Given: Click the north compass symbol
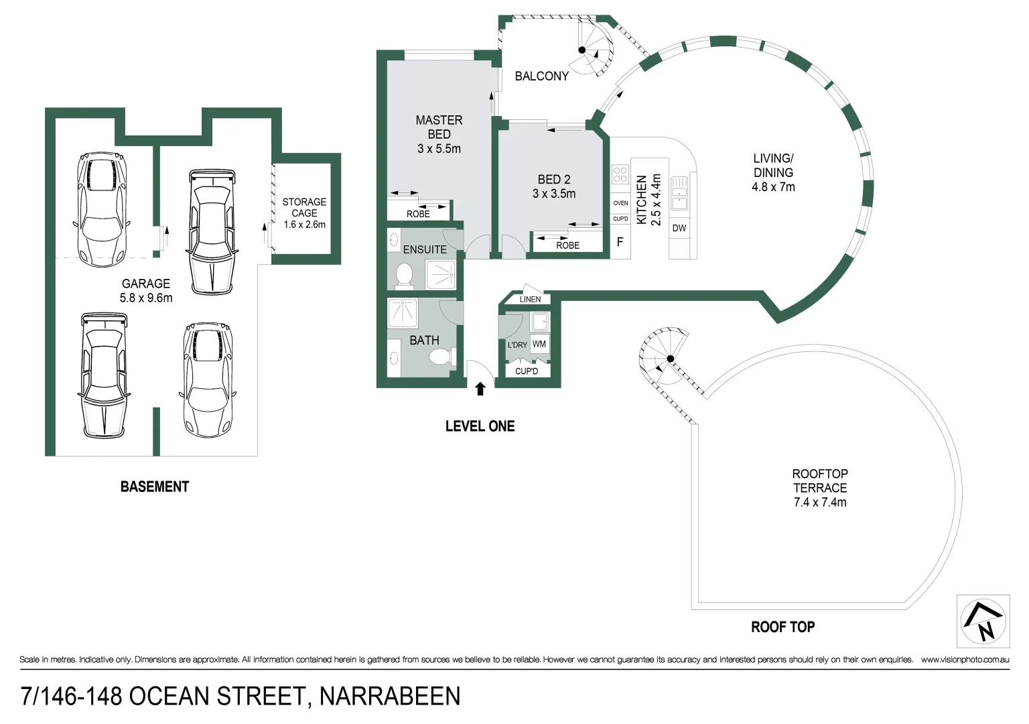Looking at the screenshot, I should coord(983,621).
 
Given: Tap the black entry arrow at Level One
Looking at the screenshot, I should coord(480,389).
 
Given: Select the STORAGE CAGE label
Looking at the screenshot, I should coord(304,207).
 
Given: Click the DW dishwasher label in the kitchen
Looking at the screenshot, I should coord(679,228).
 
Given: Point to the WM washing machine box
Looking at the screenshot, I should coord(539,344).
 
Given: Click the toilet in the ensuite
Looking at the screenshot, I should coord(405,274).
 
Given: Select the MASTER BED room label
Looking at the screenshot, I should coord(439,127).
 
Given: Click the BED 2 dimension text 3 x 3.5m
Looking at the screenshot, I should coord(554,194).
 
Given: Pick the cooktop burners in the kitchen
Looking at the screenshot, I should coord(620,174).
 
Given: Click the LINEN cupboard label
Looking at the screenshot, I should coord(530,299).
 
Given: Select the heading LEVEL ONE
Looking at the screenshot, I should coord(480,426).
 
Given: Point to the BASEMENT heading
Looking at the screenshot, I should coord(155,487).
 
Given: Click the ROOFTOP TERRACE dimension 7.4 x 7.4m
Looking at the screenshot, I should coord(820,503).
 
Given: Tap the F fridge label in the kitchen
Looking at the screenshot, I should coord(620,242).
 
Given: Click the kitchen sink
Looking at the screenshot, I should coord(679,194).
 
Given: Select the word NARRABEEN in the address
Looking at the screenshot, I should coord(390,697).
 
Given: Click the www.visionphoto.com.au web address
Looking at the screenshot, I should coord(965,660).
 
